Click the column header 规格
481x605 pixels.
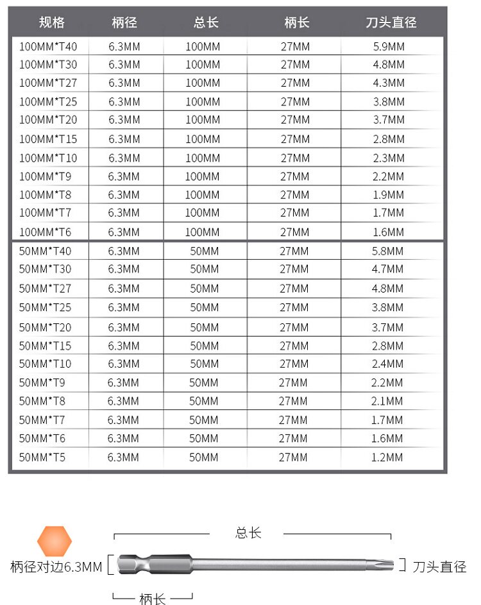click(x=51, y=22)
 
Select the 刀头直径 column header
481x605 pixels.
click(x=391, y=22)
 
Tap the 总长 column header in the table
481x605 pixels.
click(x=206, y=22)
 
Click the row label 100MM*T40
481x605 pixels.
click(x=48, y=46)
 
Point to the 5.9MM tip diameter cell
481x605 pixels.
click(x=389, y=46)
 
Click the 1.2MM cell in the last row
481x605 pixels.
click(x=387, y=457)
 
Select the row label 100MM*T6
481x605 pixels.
click(x=46, y=232)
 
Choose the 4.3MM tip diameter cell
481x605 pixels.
click(x=389, y=83)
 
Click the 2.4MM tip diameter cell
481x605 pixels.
click(x=387, y=364)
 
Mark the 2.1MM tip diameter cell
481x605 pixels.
click(x=387, y=401)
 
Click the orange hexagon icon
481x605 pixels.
click(x=55, y=542)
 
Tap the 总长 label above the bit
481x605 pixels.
click(x=248, y=533)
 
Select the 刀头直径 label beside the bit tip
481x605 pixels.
click(x=439, y=567)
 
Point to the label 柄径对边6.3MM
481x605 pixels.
click(x=56, y=567)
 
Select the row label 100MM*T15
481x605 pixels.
click(x=48, y=139)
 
